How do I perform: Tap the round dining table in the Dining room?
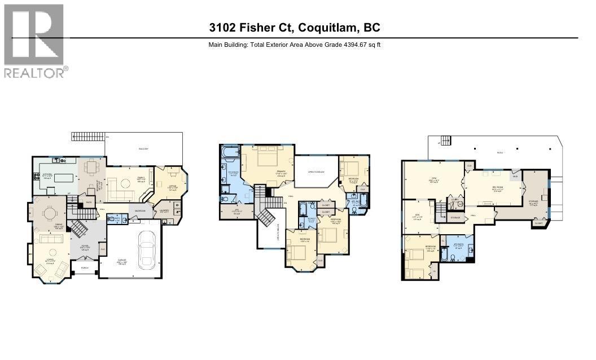coord(50,214)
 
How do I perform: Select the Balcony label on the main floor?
coord(143,149)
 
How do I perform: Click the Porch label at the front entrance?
coord(85,267)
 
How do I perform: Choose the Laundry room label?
coord(164,210)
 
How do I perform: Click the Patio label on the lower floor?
coord(499,152)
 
